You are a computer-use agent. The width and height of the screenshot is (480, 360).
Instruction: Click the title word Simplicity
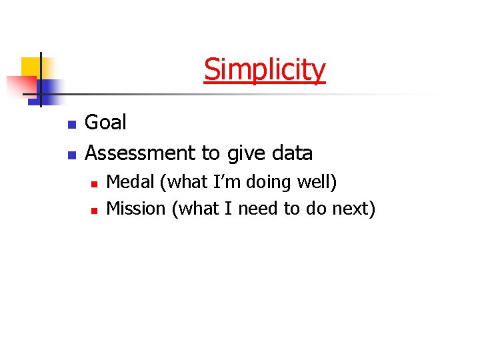(x=265, y=69)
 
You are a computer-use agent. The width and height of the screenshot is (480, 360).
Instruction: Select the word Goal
(x=105, y=123)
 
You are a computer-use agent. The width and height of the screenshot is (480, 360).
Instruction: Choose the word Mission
(x=136, y=209)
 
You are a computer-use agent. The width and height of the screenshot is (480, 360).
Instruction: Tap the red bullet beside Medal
(x=95, y=183)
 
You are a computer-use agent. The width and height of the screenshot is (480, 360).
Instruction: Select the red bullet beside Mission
(x=95, y=210)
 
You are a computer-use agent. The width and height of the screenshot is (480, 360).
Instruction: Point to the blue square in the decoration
(x=49, y=89)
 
